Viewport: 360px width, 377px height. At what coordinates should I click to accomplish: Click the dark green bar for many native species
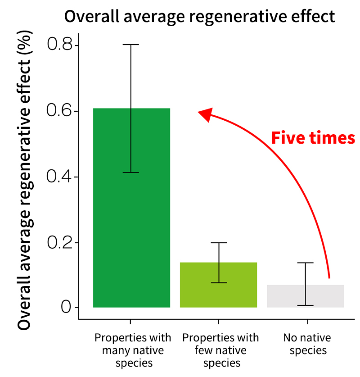click(131, 208)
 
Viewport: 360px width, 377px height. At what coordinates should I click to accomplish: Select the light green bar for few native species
click(219, 285)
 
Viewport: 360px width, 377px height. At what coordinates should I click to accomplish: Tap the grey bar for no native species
click(305, 296)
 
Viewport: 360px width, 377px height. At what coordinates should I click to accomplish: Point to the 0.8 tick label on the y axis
click(59, 44)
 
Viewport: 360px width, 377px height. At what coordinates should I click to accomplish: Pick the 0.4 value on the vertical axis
click(59, 176)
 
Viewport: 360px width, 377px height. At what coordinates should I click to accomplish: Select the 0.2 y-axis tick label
click(59, 242)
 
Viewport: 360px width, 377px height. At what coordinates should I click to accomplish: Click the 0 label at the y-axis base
click(66, 307)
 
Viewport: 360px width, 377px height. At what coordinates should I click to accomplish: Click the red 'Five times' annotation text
click(313, 138)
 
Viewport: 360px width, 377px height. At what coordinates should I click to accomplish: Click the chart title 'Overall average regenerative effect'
click(199, 16)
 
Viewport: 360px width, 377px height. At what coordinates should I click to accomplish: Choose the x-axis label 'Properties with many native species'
click(133, 350)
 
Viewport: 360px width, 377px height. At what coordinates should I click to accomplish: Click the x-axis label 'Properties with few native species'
click(220, 350)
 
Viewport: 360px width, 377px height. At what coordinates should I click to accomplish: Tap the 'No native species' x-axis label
click(307, 344)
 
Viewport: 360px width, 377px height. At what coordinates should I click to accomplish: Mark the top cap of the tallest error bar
click(131, 45)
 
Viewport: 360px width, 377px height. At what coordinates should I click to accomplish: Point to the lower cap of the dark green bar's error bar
click(131, 173)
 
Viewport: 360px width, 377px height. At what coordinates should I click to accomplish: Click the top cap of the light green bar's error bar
click(219, 243)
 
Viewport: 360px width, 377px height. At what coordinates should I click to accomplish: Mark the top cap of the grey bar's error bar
click(306, 263)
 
